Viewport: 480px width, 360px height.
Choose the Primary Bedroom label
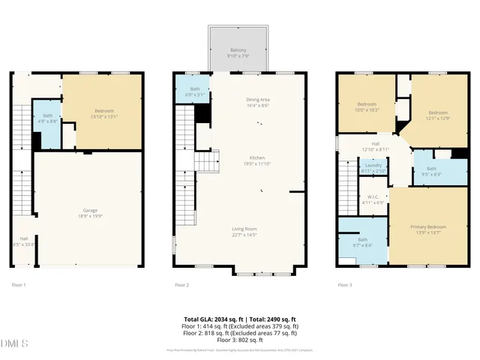tap(427, 229)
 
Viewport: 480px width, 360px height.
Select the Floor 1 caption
tap(19, 285)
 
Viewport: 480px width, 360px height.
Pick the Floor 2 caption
tap(182, 285)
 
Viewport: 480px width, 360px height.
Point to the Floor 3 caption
tap(345, 285)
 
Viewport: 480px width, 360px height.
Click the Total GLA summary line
tap(240, 319)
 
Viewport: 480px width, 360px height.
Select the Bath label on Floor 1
tap(47, 118)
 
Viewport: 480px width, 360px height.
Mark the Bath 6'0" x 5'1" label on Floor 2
tap(184, 92)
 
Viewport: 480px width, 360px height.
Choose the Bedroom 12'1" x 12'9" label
tap(438, 115)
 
